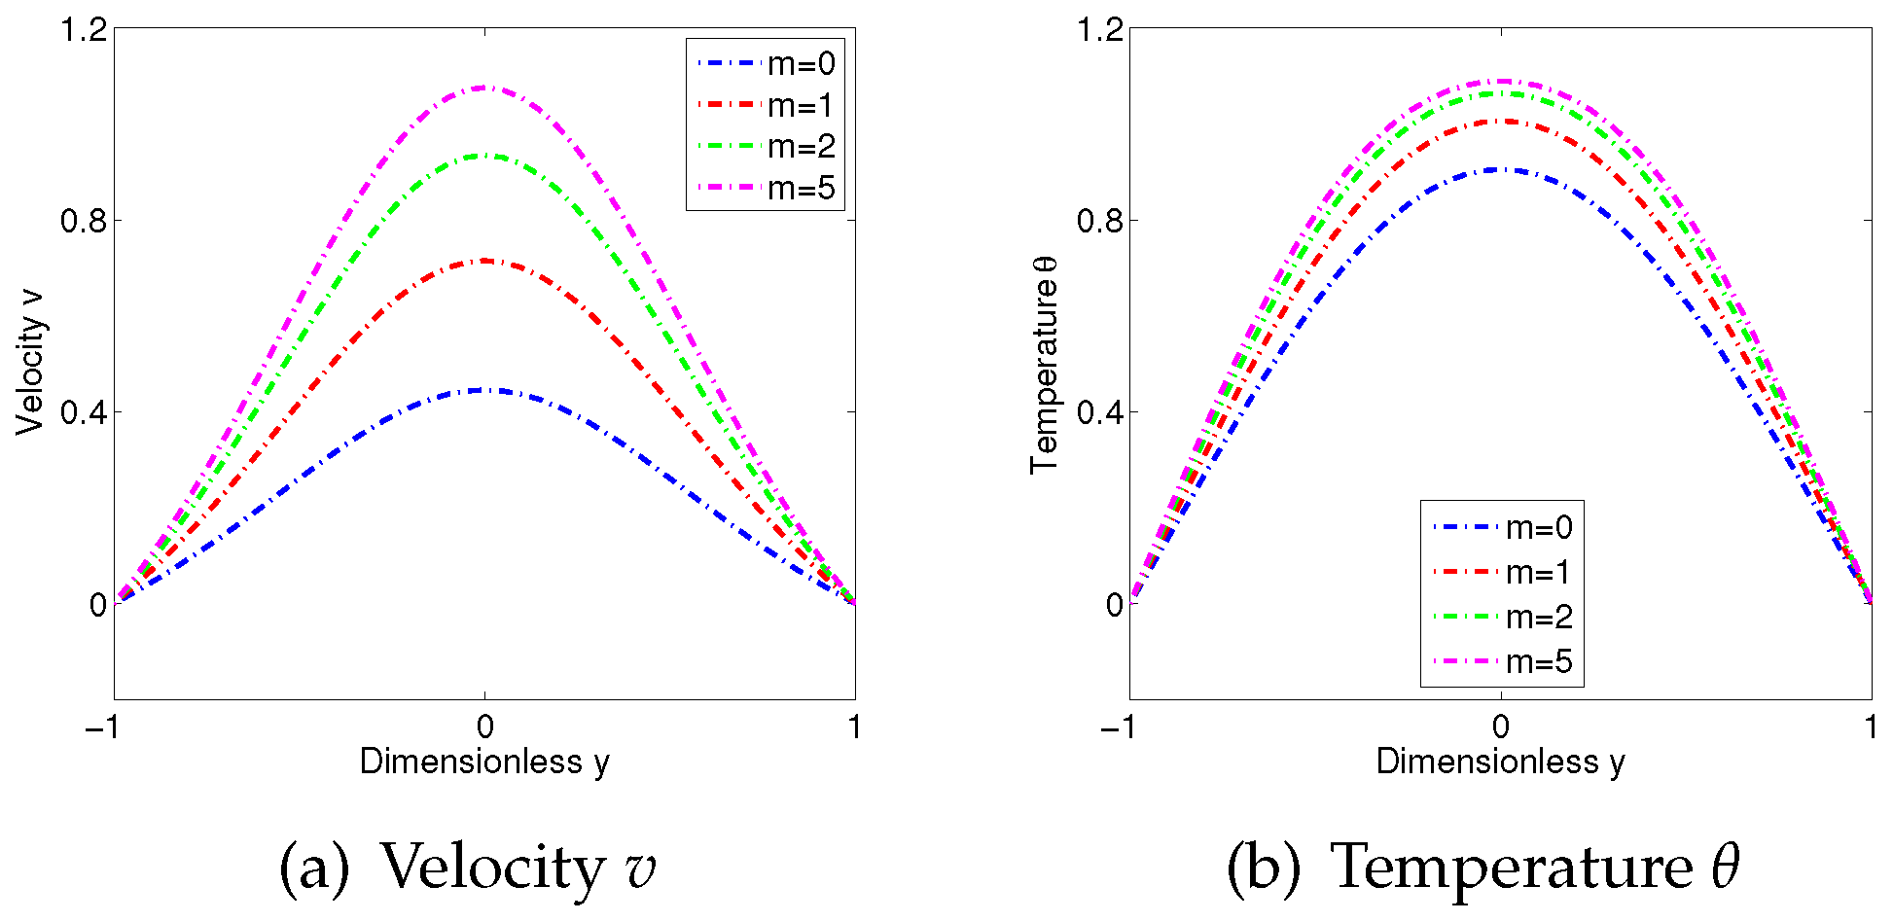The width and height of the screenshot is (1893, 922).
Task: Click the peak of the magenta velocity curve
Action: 484,88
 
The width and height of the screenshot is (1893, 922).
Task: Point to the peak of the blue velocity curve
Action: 484,390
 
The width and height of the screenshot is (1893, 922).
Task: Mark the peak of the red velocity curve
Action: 484,261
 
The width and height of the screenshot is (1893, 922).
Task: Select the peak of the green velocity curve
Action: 484,156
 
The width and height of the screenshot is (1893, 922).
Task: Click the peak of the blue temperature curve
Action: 1501,169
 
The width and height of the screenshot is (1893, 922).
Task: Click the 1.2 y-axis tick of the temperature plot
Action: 1099,30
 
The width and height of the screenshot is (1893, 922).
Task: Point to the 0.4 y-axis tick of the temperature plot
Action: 1099,412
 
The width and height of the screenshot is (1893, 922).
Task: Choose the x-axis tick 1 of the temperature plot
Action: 1871,727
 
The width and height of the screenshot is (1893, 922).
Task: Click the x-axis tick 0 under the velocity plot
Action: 484,727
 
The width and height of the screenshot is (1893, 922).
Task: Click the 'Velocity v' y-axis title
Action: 31,361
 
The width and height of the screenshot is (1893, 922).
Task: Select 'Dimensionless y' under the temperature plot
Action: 1500,762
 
